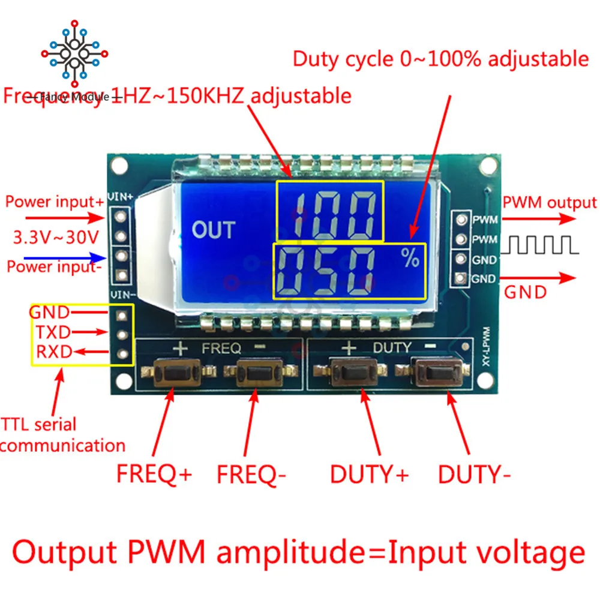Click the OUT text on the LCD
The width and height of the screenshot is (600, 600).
click(213, 230)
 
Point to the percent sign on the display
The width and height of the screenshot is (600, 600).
click(411, 259)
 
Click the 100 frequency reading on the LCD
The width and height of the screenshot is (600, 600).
click(329, 211)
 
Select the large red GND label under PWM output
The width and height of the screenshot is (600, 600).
click(525, 292)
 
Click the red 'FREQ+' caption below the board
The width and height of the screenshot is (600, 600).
click(154, 475)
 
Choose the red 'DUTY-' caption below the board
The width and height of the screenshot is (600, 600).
click(474, 475)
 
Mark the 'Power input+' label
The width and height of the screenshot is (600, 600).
click(55, 202)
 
